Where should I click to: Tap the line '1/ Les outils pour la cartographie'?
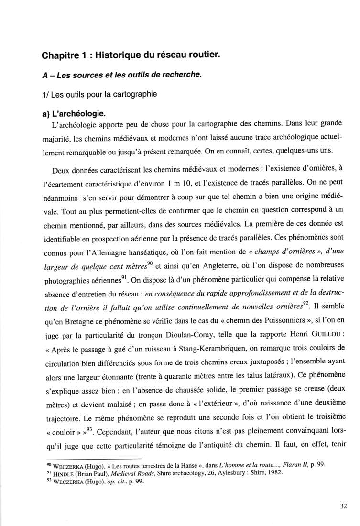click(x=99, y=94)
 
